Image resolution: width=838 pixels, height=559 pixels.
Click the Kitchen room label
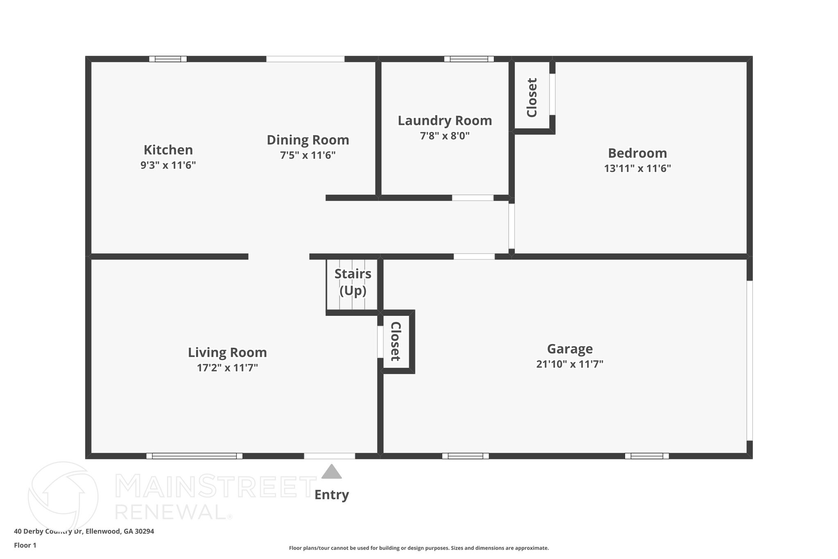pyautogui.click(x=168, y=150)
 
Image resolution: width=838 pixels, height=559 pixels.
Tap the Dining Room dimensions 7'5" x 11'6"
pyautogui.click(x=308, y=156)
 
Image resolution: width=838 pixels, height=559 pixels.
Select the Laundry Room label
pyautogui.click(x=445, y=121)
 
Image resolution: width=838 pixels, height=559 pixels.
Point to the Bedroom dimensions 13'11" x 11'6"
pyautogui.click(x=637, y=169)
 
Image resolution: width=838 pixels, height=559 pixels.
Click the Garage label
pyautogui.click(x=570, y=349)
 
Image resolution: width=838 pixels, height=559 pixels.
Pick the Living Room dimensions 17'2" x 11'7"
pyautogui.click(x=228, y=368)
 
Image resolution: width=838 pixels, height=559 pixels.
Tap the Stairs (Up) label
pyautogui.click(x=353, y=282)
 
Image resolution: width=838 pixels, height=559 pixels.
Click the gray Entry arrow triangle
pyautogui.click(x=331, y=472)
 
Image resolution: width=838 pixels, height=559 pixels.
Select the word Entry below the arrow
pyautogui.click(x=331, y=495)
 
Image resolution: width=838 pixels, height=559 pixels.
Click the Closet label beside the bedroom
pyautogui.click(x=532, y=97)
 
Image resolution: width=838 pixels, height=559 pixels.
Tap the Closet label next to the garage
pyautogui.click(x=395, y=341)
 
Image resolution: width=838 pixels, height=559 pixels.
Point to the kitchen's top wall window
pyautogui.click(x=168, y=59)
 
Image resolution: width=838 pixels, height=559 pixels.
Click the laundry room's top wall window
pyautogui.click(x=469, y=59)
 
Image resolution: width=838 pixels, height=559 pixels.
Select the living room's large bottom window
pyautogui.click(x=194, y=456)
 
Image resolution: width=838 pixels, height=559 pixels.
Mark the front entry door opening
pyautogui.click(x=329, y=456)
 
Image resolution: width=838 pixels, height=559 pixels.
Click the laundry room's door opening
pyautogui.click(x=473, y=198)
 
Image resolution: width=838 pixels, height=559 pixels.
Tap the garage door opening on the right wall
pyautogui.click(x=750, y=360)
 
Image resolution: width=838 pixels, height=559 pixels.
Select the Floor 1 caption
pyautogui.click(x=25, y=545)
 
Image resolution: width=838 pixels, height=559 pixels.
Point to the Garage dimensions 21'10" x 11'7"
pyautogui.click(x=570, y=364)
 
